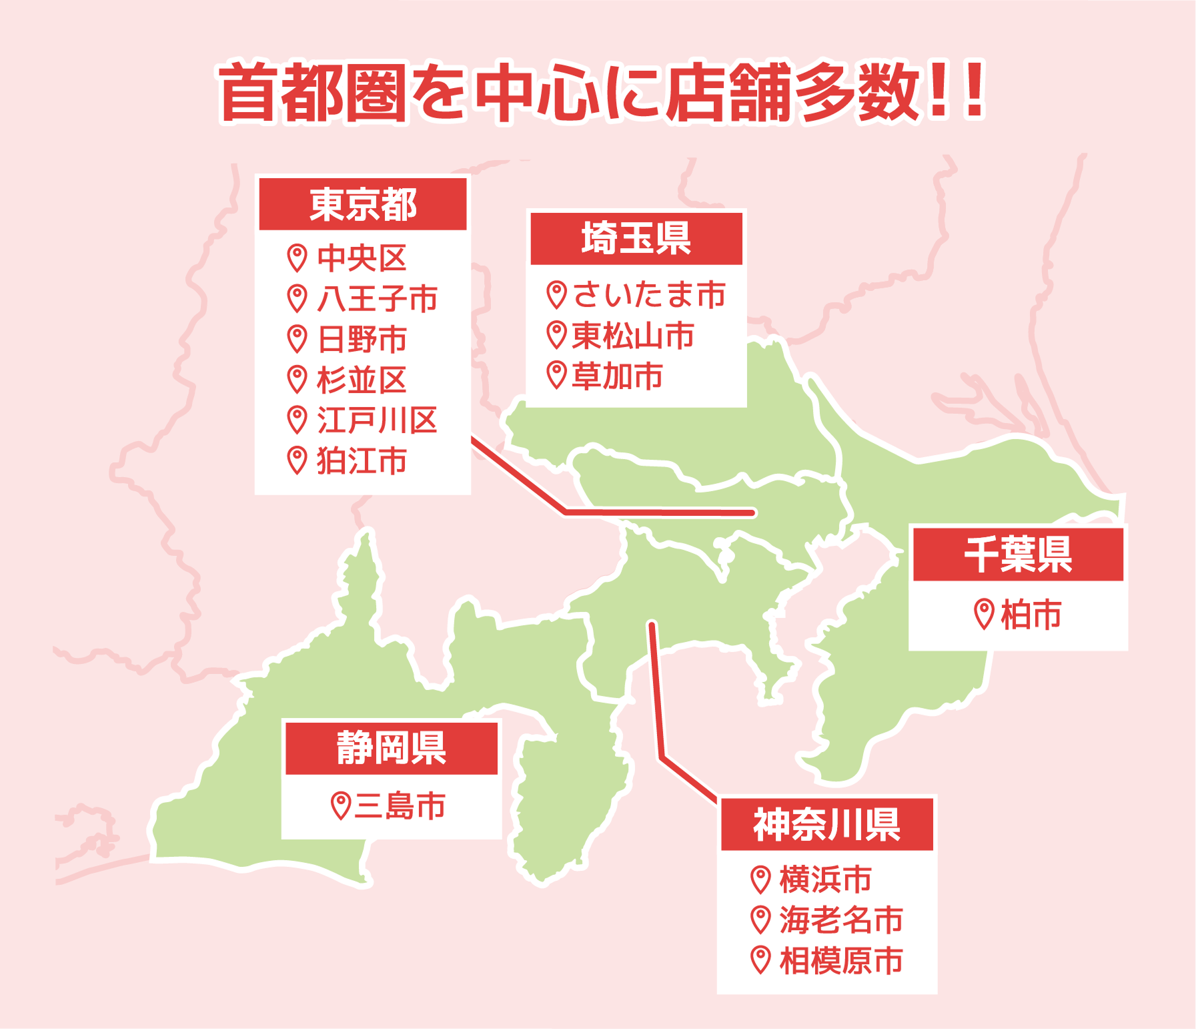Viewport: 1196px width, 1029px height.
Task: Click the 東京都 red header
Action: click(364, 204)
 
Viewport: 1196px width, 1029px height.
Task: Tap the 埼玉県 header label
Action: click(636, 238)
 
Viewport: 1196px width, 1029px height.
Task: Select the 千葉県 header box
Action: click(1018, 555)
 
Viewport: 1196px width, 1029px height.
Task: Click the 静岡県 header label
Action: click(392, 748)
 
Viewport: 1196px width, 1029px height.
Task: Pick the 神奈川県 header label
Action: click(826, 825)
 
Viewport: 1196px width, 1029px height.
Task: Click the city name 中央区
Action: click(362, 258)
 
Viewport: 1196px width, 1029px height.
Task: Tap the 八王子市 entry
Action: click(377, 298)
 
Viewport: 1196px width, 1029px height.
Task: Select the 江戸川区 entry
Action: click(377, 420)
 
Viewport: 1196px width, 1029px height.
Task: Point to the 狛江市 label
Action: click(362, 461)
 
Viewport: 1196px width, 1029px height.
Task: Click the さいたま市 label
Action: click(649, 294)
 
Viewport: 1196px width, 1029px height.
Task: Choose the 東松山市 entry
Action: click(633, 335)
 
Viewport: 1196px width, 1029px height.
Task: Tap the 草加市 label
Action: click(618, 376)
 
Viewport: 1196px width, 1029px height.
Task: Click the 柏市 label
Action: click(1031, 615)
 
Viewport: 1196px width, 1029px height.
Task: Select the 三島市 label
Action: click(400, 805)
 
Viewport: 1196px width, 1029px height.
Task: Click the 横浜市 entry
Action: click(826, 880)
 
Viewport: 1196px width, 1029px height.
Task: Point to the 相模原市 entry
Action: click(841, 961)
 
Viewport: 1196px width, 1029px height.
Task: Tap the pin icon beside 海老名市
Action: click(760, 920)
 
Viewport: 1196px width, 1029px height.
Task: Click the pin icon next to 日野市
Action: click(297, 339)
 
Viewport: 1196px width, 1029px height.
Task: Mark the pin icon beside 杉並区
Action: click(297, 380)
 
